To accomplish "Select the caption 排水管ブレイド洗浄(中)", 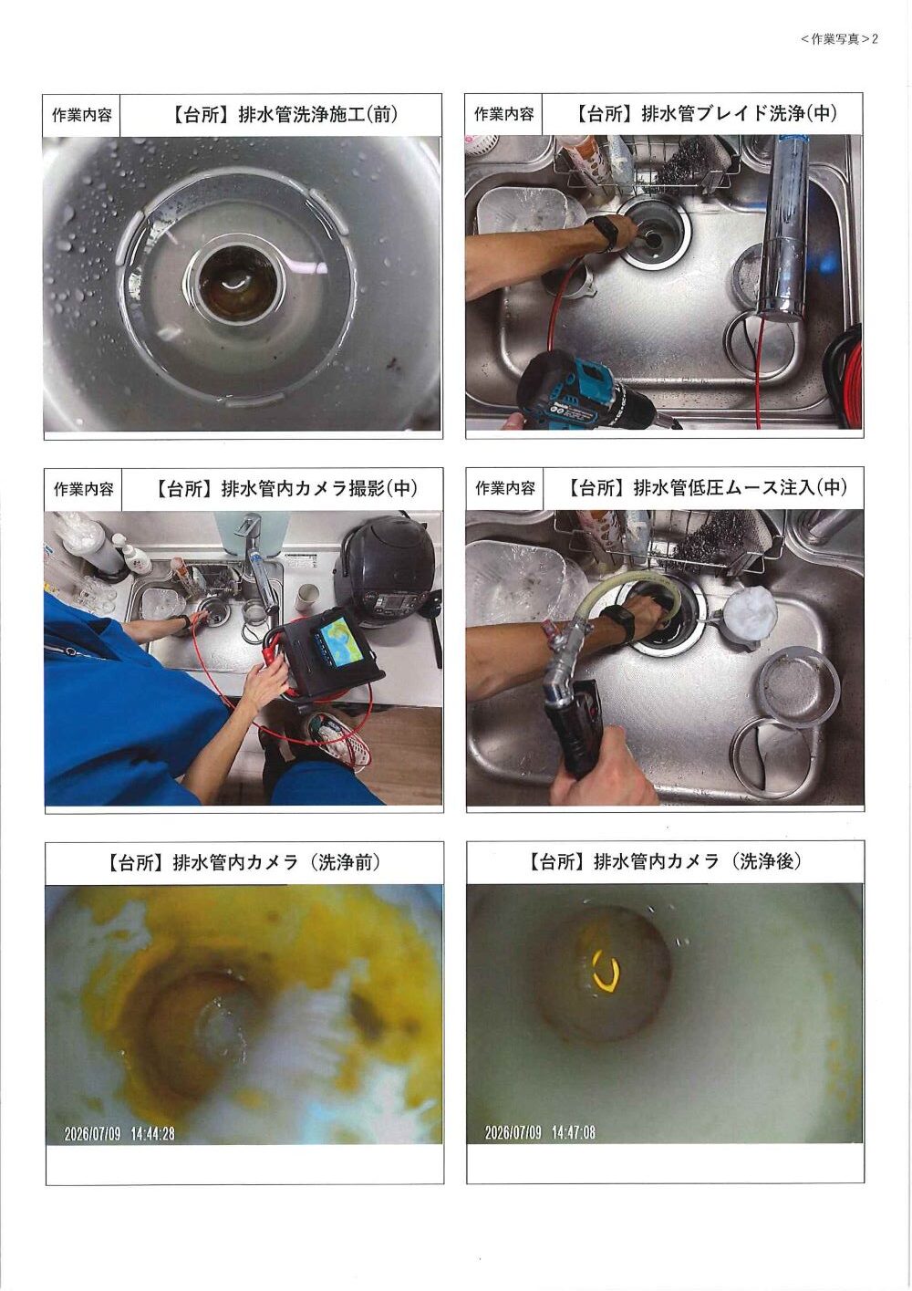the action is pos(739,113).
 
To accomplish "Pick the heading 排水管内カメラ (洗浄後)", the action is pos(697,861).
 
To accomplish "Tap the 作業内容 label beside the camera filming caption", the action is pos(84,489).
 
